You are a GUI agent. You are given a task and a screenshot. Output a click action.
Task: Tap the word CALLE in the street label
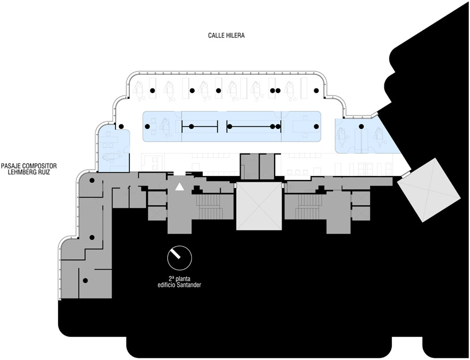215,36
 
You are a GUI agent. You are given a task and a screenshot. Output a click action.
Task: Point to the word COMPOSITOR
40,166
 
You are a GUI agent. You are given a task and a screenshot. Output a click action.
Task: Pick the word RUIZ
44,172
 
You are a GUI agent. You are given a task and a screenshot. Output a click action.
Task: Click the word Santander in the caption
188,285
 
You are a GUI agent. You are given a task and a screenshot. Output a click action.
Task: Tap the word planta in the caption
183,279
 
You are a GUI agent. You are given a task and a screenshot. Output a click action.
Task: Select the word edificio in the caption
167,285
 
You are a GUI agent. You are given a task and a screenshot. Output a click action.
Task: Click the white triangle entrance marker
179,187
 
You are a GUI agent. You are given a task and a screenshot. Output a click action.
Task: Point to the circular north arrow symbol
179,258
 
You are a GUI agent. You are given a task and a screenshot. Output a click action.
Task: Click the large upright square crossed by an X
259,206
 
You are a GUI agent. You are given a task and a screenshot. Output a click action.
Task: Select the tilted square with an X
429,190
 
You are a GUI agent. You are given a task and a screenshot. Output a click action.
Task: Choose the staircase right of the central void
310,206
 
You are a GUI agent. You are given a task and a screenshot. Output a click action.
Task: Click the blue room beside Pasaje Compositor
114,150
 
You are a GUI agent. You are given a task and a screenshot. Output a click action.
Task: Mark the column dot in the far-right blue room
361,127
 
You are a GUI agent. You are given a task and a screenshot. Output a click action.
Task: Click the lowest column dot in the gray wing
86,281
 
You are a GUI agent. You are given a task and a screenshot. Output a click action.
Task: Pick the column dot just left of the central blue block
121,127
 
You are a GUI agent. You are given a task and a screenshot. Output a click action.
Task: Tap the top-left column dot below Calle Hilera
152,91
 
